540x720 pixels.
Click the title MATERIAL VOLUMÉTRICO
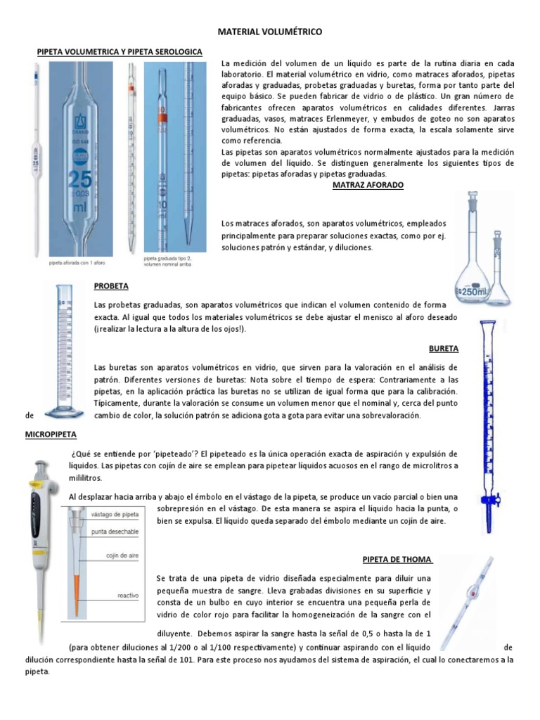tap(271, 32)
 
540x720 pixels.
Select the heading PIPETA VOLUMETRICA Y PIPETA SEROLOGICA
tap(120, 52)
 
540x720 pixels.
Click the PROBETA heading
tap(111, 286)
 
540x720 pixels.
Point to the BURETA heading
tap(443, 348)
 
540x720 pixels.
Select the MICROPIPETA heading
tap(51, 435)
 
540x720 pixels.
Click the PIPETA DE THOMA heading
tap(397, 559)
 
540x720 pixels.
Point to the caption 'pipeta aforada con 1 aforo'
tap(77, 263)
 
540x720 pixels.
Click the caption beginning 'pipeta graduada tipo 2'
tap(167, 261)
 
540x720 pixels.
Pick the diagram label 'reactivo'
tap(128, 596)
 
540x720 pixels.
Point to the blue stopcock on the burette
tap(485, 501)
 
